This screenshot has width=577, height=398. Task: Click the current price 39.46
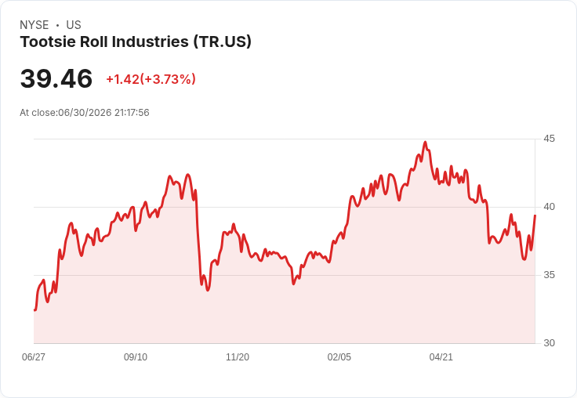tap(56, 78)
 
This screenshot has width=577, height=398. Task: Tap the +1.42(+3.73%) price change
tap(151, 79)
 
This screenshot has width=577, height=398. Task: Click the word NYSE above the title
tap(34, 25)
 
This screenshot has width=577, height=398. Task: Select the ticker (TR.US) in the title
tap(223, 42)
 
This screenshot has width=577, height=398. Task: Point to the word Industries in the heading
tap(151, 42)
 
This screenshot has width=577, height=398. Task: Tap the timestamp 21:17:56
tap(132, 113)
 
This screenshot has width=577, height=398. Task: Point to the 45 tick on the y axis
tap(549, 139)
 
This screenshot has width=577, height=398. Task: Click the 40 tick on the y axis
tap(549, 207)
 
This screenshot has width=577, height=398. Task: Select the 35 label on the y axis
tap(549, 275)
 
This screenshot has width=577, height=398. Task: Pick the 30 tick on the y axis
tap(549, 343)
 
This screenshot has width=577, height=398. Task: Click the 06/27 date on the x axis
tap(34, 356)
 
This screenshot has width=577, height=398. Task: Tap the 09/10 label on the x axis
tap(136, 356)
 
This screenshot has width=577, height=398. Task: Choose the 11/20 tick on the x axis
tap(238, 356)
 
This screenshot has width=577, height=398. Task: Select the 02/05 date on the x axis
tap(339, 356)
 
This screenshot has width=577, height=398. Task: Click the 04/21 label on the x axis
tap(441, 356)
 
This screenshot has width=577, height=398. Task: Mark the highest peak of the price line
tap(426, 142)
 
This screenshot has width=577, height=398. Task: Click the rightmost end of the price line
tap(535, 215)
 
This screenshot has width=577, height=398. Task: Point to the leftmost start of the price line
tap(34, 310)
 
